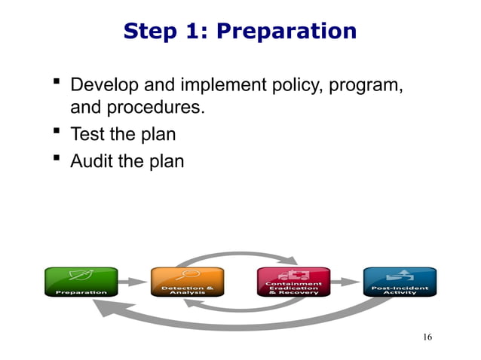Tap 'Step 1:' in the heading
[x=168, y=32]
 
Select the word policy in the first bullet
[x=293, y=86]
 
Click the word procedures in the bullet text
[x=136, y=108]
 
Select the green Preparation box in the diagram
[x=81, y=282]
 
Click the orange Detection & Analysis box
[x=187, y=282]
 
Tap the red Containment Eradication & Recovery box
[x=293, y=282]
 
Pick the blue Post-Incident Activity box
[x=400, y=282]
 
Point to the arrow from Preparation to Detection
[x=133, y=282]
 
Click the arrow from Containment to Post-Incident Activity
[x=346, y=282]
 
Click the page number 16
[x=427, y=337]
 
